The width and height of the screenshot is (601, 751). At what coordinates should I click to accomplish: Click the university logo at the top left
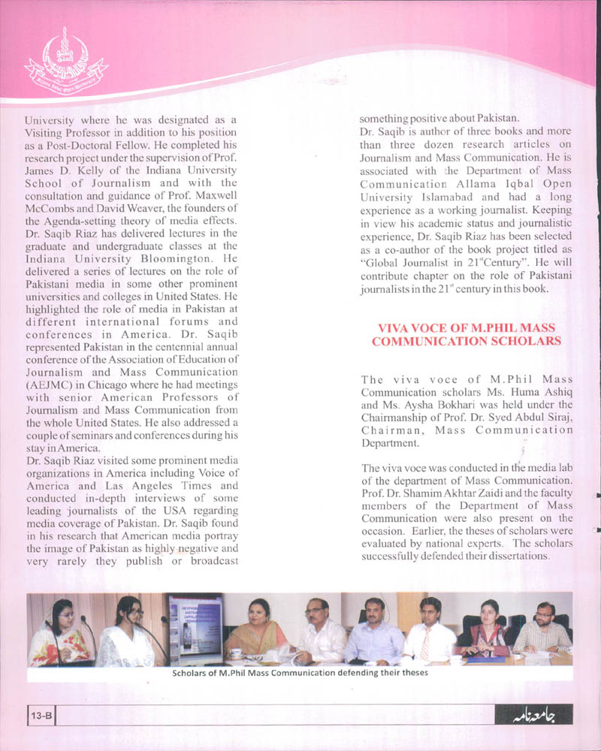(65, 60)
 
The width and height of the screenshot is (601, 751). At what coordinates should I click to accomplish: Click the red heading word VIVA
(392, 327)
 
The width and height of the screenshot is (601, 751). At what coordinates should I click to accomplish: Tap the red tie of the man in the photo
(425, 644)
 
